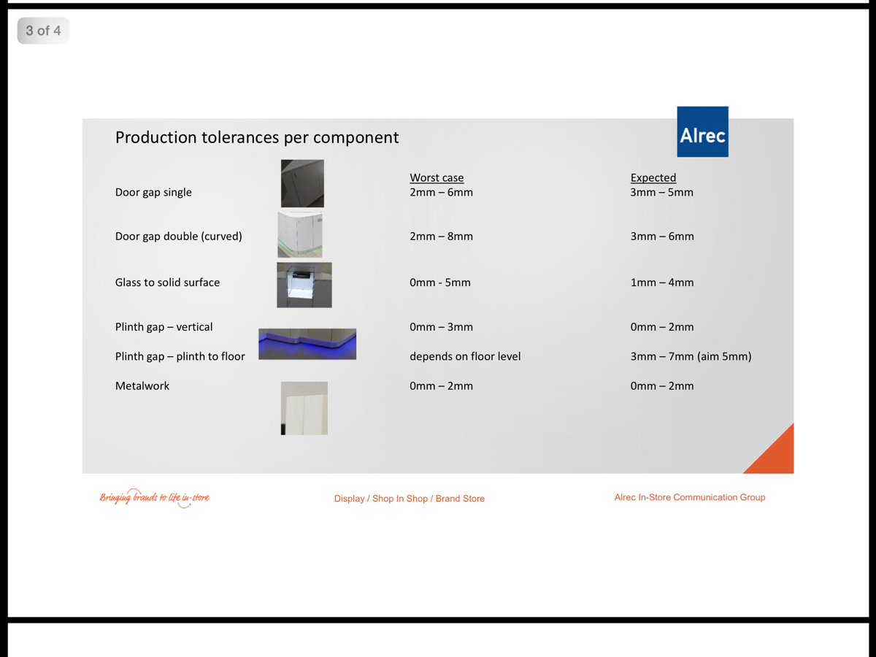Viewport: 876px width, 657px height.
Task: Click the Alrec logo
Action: point(702,132)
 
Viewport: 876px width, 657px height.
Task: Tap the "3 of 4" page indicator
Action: point(43,31)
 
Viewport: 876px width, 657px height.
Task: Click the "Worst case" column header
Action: point(437,177)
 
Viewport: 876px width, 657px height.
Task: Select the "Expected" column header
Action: point(653,177)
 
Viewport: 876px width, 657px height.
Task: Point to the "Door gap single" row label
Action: point(153,193)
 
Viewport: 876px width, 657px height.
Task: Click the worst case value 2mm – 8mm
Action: point(441,237)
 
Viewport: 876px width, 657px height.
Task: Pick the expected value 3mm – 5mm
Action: point(661,193)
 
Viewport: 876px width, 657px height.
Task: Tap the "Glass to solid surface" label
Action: point(167,283)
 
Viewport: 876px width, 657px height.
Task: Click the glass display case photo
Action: point(304,285)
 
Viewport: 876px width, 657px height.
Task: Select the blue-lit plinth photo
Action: point(307,344)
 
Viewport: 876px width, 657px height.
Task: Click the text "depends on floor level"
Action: point(465,357)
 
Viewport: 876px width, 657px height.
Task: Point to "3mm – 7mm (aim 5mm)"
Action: point(691,357)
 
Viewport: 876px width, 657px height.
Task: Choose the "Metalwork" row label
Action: point(142,386)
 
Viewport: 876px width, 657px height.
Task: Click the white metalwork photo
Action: point(304,408)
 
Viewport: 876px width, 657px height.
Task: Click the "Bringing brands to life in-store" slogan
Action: point(155,498)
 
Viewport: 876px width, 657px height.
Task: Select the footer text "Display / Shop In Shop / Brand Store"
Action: point(410,499)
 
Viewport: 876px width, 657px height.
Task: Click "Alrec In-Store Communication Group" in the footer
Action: point(690,497)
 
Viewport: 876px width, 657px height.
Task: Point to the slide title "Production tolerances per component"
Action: point(257,137)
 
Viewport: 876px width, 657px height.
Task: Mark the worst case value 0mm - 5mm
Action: point(440,283)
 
